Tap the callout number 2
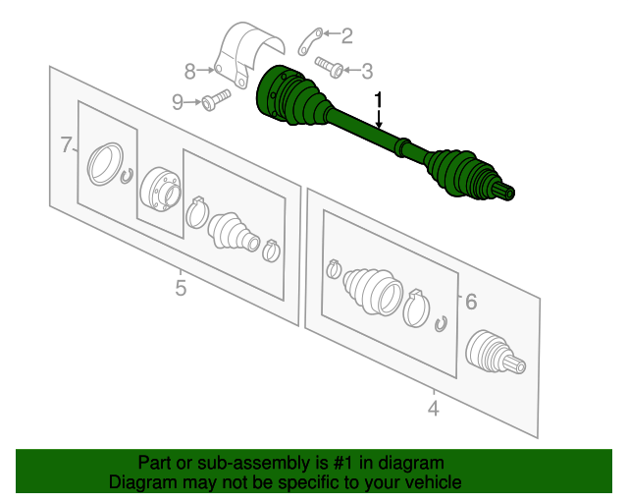(x=346, y=36)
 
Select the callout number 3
(x=367, y=71)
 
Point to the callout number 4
(x=434, y=409)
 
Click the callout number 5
(x=181, y=288)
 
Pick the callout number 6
(x=471, y=302)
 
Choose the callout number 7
(x=66, y=144)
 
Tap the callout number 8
(x=189, y=72)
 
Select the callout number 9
(x=178, y=102)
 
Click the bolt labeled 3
(x=329, y=67)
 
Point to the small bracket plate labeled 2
(x=310, y=41)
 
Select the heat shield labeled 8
(x=248, y=54)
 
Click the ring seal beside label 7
(x=105, y=164)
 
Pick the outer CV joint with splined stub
(x=495, y=353)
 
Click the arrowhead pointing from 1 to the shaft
(x=379, y=125)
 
